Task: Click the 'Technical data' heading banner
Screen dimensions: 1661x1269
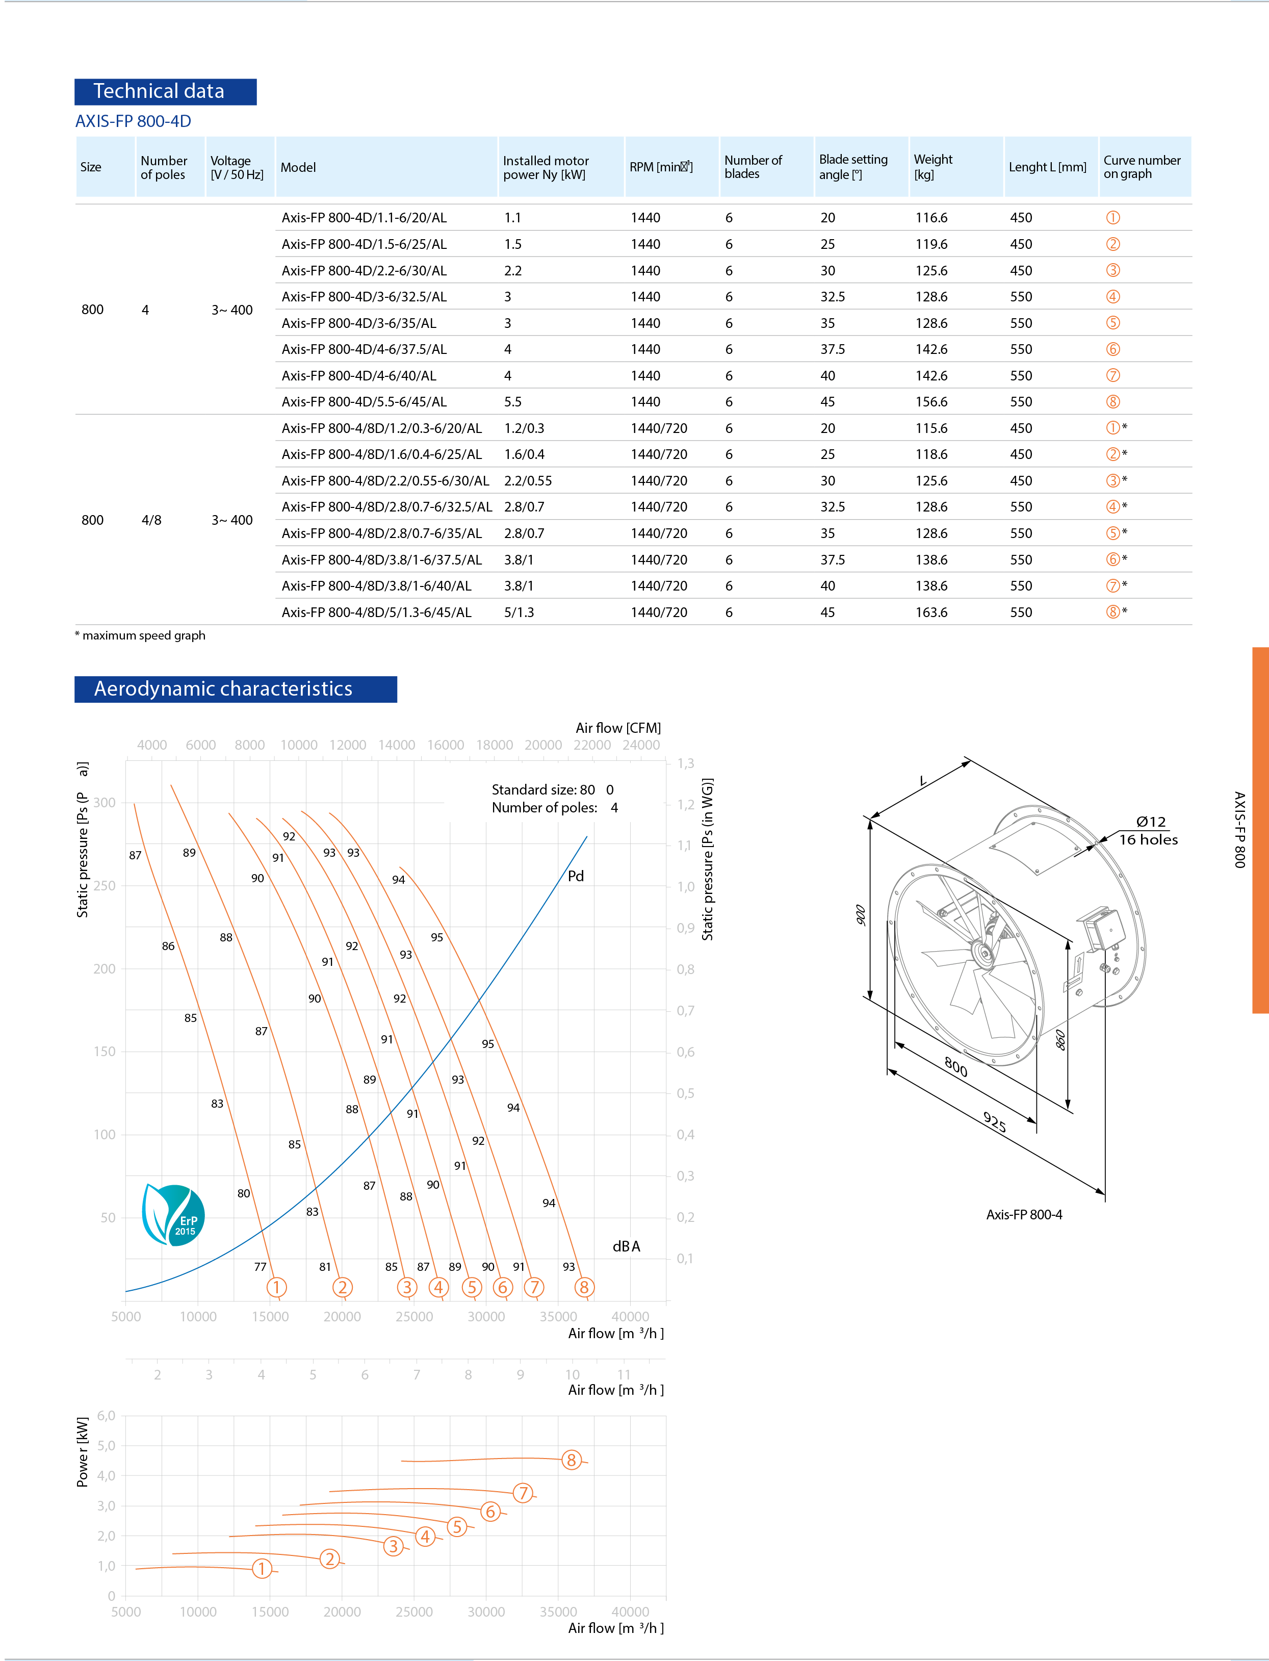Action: click(165, 91)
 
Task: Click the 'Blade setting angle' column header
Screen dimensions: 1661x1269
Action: click(853, 167)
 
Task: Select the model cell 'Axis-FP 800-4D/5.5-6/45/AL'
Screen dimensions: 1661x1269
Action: click(364, 402)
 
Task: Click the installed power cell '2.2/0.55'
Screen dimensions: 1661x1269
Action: click(528, 481)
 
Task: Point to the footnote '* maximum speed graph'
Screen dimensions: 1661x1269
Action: click(141, 636)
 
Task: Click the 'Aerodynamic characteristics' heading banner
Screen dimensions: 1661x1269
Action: click(235, 689)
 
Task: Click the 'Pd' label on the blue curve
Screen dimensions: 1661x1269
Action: click(576, 876)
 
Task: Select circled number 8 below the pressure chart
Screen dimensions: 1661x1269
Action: click(584, 1287)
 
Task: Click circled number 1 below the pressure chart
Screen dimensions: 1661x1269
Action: click(276, 1287)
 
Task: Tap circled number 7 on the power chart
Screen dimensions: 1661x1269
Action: click(523, 1493)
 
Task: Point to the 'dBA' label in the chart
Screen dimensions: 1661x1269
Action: click(626, 1246)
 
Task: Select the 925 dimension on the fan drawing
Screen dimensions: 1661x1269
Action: click(994, 1122)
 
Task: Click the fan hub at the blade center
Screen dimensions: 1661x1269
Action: click(983, 953)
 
